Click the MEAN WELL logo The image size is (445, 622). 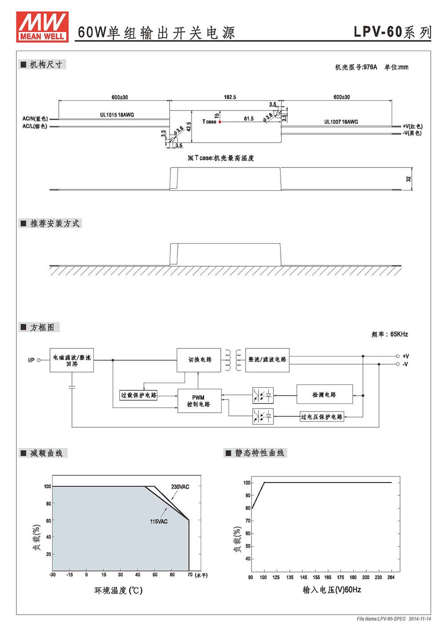coord(42,27)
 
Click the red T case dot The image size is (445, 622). coord(220,122)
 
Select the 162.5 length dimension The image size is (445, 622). coord(230,97)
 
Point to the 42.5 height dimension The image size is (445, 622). coord(189,127)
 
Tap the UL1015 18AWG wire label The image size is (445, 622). coord(117,115)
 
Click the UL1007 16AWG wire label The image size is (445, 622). coord(341,122)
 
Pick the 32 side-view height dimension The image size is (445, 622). coord(409,179)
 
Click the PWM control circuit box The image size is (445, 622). coord(199,401)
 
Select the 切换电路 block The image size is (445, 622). coord(199,360)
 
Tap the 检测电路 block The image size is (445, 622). coord(325,394)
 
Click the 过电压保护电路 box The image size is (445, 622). coord(322,417)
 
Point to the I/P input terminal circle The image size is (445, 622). coord(39,360)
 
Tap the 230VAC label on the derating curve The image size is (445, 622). coord(180,486)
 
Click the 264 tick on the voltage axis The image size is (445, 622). coord(391,577)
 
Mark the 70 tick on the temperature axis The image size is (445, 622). coord(190,574)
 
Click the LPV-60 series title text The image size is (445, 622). coord(392,32)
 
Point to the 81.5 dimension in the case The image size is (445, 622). coord(249,119)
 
